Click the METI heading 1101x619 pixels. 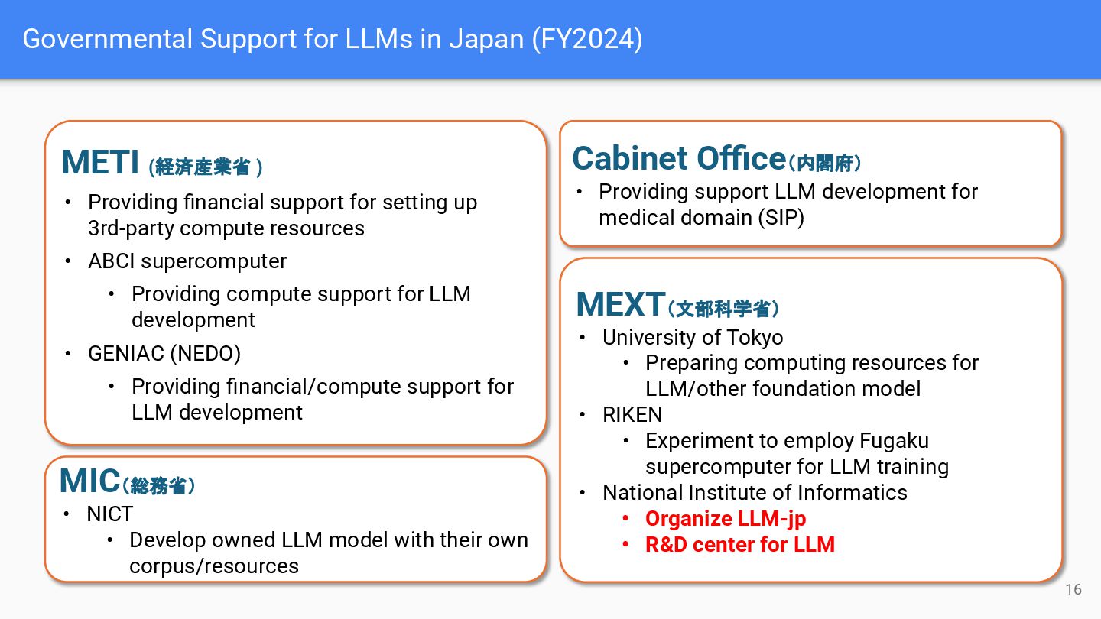click(x=100, y=163)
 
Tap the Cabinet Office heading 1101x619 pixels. click(x=678, y=159)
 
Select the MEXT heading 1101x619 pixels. click(x=619, y=305)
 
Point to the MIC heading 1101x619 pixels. click(x=89, y=481)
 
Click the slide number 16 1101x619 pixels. click(x=1073, y=589)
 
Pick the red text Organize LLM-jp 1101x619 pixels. click(x=725, y=519)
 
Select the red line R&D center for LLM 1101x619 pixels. click(x=739, y=545)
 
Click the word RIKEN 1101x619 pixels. click(x=632, y=415)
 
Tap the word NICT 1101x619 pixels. click(x=110, y=514)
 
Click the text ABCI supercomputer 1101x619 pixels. click(x=187, y=261)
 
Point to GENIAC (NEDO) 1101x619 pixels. click(x=164, y=354)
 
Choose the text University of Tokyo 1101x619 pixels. click(x=693, y=338)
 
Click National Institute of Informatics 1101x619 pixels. click(x=755, y=493)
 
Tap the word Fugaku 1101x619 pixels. click(x=894, y=441)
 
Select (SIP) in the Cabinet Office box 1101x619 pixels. click(x=781, y=218)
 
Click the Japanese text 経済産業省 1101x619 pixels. click(x=202, y=167)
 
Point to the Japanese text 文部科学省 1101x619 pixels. click(x=723, y=309)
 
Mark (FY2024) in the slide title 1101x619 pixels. click(x=587, y=39)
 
